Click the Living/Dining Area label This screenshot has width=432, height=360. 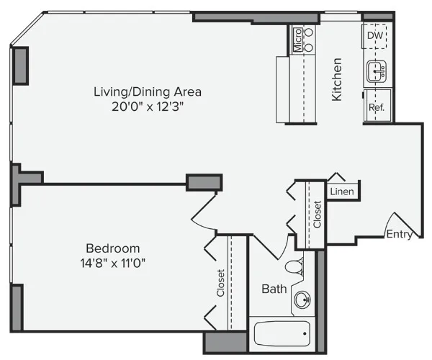147,92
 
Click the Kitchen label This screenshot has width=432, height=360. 336,79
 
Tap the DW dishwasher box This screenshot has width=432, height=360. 375,35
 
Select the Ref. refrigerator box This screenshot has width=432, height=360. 377,107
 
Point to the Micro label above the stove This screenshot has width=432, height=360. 297,40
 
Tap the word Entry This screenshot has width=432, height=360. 399,235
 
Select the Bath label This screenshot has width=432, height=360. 274,289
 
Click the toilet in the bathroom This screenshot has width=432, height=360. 294,266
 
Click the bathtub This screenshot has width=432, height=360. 282,334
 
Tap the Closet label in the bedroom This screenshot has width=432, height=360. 221,283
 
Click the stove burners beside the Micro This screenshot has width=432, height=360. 310,40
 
